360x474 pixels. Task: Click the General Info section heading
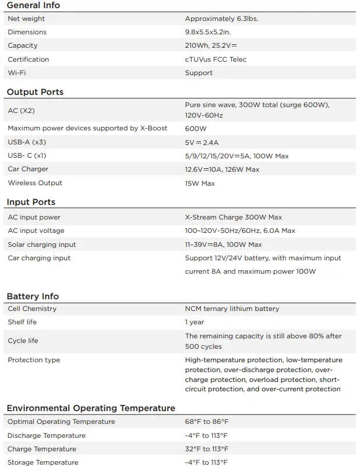click(x=33, y=5)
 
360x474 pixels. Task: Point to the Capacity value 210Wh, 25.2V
click(x=211, y=45)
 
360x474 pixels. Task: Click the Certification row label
click(x=29, y=59)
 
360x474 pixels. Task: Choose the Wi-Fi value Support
click(x=199, y=73)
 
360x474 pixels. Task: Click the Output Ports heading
click(x=35, y=92)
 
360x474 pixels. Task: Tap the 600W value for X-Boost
click(x=196, y=128)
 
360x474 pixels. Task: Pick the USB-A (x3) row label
click(x=27, y=142)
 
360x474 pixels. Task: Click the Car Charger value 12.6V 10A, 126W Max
click(x=222, y=169)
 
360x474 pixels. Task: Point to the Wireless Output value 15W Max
click(x=200, y=183)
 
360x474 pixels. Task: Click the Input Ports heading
click(x=31, y=202)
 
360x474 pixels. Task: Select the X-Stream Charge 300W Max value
click(x=233, y=217)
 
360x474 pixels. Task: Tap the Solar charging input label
click(x=42, y=245)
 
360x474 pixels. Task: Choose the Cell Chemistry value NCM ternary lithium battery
click(x=232, y=309)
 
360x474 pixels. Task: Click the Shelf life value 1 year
click(x=195, y=322)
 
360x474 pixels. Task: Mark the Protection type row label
click(x=34, y=360)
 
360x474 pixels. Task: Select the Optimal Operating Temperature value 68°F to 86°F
click(x=207, y=422)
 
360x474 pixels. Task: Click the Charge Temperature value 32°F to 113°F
click(x=207, y=449)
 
